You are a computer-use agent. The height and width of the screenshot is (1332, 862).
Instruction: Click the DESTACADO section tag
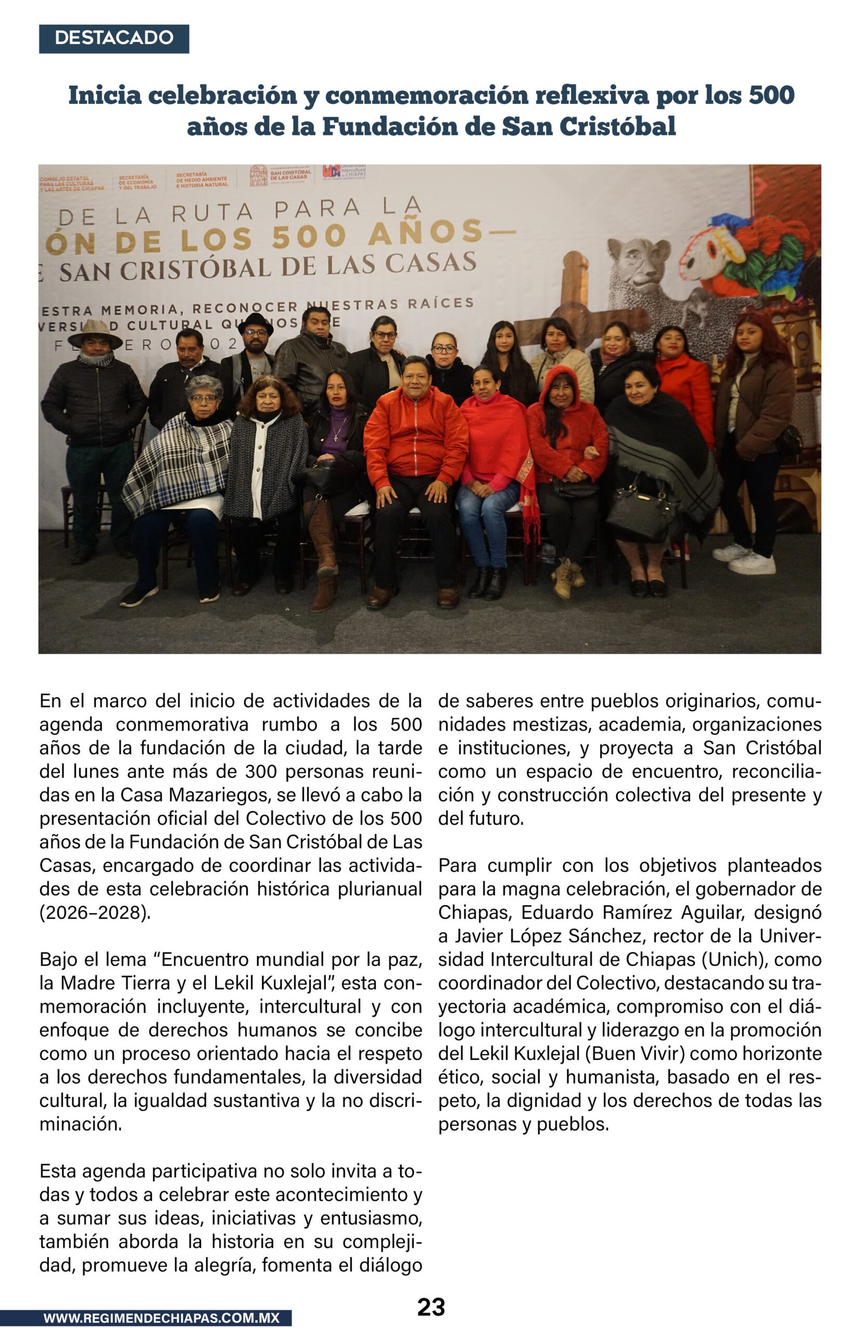coord(114,38)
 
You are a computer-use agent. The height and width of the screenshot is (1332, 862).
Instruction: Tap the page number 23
coord(431,1307)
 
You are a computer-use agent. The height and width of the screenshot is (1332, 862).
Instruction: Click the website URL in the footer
coord(161,1317)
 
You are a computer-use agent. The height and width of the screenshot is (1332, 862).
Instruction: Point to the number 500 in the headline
coord(772,95)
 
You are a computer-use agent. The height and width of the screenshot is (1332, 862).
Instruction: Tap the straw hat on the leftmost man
coord(95,334)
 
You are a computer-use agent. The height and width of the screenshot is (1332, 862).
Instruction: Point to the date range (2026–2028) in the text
coord(95,912)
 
